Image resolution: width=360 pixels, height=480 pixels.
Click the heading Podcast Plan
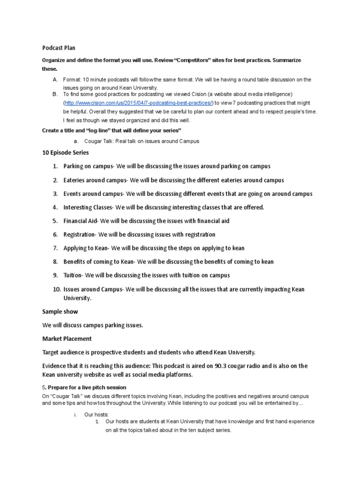click(x=59, y=48)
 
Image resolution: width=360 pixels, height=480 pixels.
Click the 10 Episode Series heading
click(x=66, y=153)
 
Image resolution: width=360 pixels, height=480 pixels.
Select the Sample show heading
click(x=60, y=311)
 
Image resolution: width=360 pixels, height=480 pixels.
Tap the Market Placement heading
click(x=67, y=338)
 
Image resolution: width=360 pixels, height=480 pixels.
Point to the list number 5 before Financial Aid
click(x=55, y=221)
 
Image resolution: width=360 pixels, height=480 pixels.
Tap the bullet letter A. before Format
click(x=55, y=80)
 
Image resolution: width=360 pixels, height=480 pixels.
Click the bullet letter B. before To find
click(x=55, y=94)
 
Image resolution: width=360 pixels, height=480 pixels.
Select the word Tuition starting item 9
click(x=73, y=275)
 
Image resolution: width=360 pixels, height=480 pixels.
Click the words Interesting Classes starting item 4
click(x=88, y=207)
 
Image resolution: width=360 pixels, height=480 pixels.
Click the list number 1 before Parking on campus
click(x=55, y=166)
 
